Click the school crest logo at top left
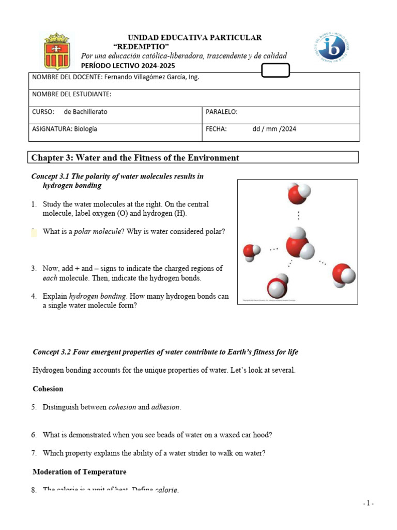point(57,51)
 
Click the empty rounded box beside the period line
point(276,70)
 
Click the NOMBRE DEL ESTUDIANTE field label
point(72,94)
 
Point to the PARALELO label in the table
point(222,112)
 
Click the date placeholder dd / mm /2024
point(274,129)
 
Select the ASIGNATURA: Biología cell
point(65,129)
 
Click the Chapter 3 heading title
point(135,158)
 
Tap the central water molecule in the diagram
point(298,243)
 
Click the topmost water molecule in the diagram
point(299,195)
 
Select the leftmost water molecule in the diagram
point(252,252)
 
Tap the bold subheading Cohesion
point(48,389)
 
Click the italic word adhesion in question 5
point(166,407)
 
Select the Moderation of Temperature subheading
point(80,472)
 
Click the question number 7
point(34,453)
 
